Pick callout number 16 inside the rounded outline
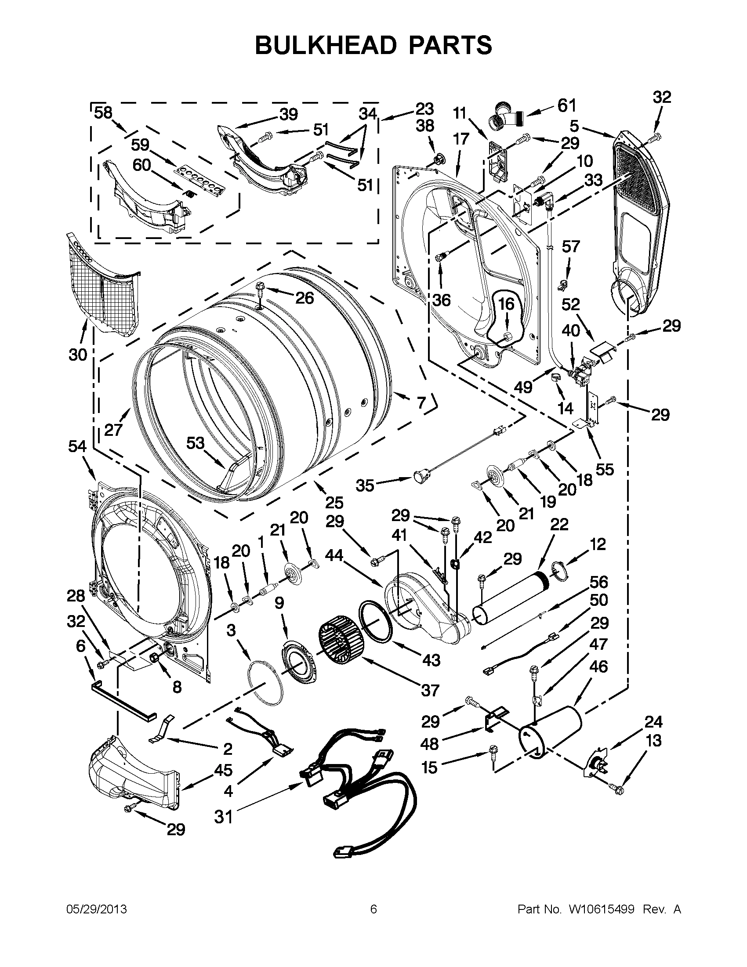click(x=507, y=304)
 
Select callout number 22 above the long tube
click(x=559, y=524)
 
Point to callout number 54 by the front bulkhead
click(x=77, y=446)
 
